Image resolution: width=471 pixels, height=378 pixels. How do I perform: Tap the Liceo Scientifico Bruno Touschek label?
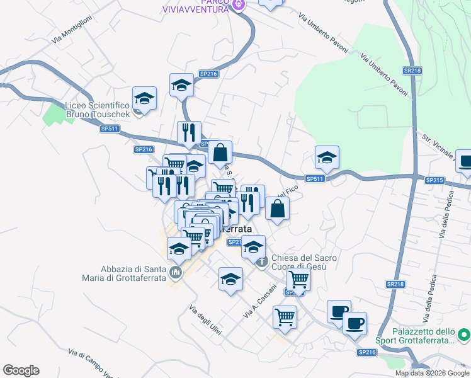[x=98, y=111]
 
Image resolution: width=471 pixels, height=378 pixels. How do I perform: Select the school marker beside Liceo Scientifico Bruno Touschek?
[x=145, y=98]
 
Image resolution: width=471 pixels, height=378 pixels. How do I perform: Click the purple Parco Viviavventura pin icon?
[x=239, y=6]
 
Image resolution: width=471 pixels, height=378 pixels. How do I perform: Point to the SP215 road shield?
[x=434, y=180]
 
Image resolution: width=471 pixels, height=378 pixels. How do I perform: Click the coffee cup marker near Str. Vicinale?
[x=466, y=161]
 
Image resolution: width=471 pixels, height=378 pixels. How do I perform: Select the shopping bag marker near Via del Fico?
[x=278, y=209]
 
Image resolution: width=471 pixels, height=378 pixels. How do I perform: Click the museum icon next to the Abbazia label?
[x=175, y=273]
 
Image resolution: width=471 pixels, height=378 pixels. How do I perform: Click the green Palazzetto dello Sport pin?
[x=463, y=334]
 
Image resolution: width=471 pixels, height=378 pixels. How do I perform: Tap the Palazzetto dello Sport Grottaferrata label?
[x=423, y=336]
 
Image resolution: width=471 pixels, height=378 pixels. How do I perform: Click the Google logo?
[x=21, y=370]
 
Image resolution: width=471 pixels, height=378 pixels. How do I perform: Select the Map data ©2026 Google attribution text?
[x=432, y=373]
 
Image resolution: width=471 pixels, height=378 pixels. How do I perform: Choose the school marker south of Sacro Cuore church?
[x=231, y=278]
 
